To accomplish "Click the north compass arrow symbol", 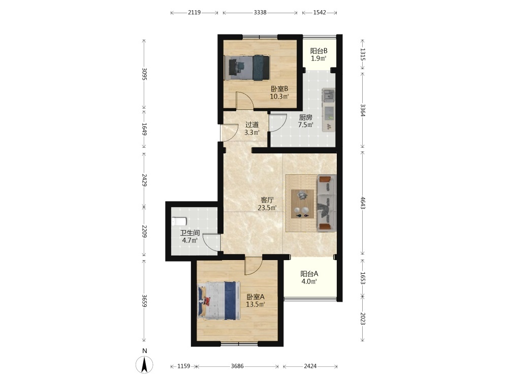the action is (144, 364).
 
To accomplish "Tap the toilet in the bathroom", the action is (179, 221).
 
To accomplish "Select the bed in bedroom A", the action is (218, 300).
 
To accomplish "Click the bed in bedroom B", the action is (248, 68).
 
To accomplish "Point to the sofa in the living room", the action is (327, 203).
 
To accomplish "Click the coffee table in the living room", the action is (302, 204).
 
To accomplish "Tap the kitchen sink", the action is (329, 96).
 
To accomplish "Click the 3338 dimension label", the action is (260, 13).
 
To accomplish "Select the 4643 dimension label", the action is (363, 203).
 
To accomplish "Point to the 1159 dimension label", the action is (184, 366).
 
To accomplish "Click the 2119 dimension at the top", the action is (195, 13).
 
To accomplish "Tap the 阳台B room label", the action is (319, 51).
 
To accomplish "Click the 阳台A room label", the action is (309, 274).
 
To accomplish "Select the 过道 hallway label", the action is (252, 125).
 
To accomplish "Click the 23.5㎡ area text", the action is (267, 208).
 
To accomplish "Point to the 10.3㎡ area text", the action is (279, 96).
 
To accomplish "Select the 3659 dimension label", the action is (144, 301).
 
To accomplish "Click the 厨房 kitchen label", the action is (305, 117).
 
